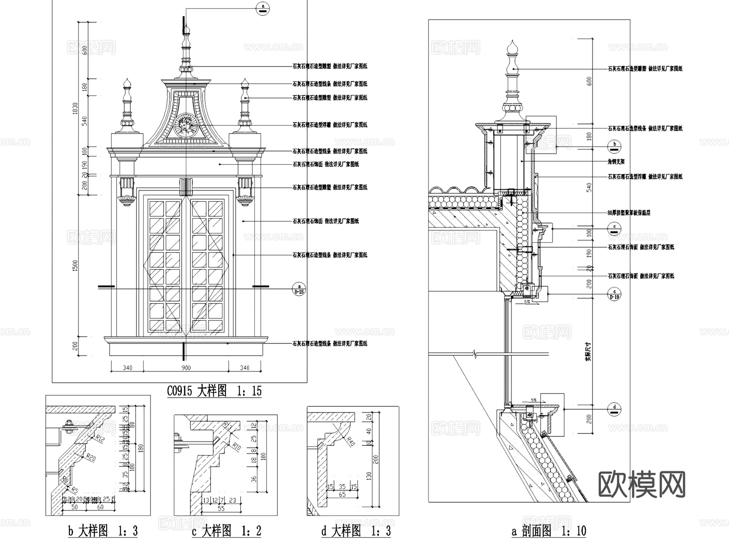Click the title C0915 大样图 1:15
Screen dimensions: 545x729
click(x=214, y=391)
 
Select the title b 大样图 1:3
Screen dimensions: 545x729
click(x=103, y=530)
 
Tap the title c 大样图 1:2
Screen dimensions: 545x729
click(x=226, y=530)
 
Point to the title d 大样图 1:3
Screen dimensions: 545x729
click(x=356, y=530)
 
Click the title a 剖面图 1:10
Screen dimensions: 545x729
click(x=549, y=531)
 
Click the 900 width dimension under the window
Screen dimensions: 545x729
click(x=186, y=368)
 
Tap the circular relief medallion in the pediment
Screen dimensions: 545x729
click(x=186, y=125)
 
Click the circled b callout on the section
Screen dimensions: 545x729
click(x=614, y=146)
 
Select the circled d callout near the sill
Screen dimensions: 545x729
click(x=614, y=409)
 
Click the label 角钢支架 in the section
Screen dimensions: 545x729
click(x=616, y=161)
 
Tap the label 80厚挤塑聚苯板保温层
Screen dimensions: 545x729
click(x=629, y=213)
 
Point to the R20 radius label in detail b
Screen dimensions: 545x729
click(x=92, y=458)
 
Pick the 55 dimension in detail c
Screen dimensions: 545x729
click(x=221, y=509)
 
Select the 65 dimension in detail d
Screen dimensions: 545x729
click(x=342, y=494)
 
